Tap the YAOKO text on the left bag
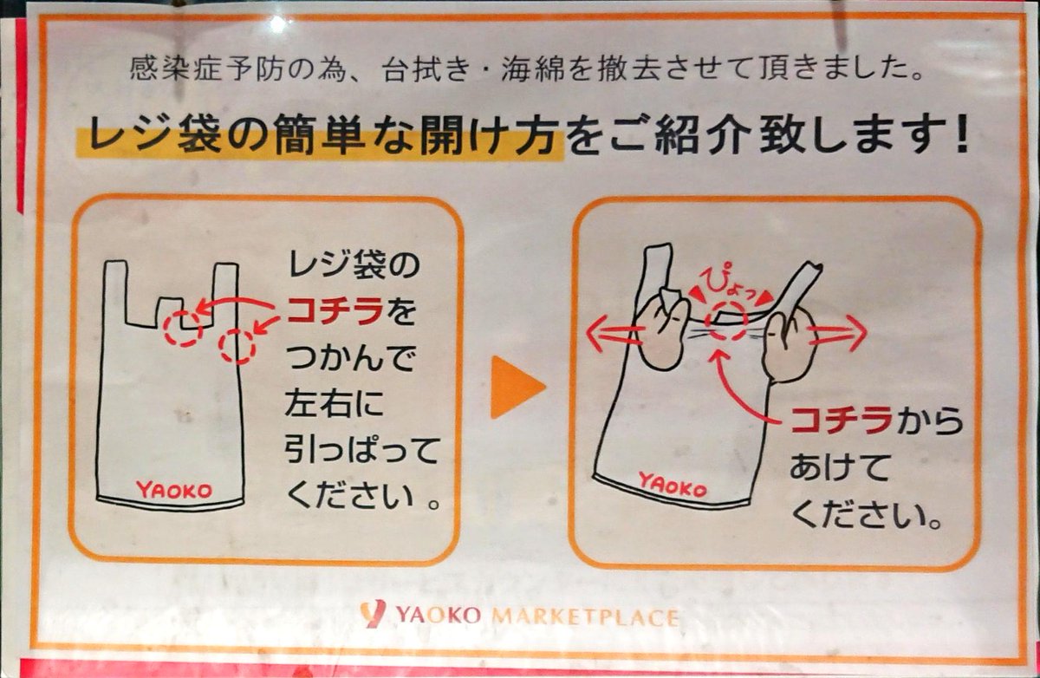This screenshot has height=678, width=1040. (x=174, y=491)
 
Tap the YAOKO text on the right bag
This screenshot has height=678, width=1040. (x=673, y=485)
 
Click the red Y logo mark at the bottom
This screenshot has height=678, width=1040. (x=373, y=614)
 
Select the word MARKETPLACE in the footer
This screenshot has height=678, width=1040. (x=585, y=617)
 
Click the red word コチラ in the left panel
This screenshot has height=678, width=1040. (x=335, y=310)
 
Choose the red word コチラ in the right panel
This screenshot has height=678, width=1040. (x=842, y=420)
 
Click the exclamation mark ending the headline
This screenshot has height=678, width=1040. (x=961, y=134)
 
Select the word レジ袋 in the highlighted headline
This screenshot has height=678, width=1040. (x=154, y=134)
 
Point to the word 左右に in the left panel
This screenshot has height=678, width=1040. (x=335, y=403)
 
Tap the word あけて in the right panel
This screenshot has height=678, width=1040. (x=839, y=467)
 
